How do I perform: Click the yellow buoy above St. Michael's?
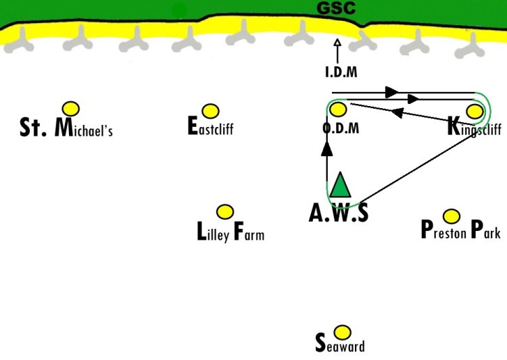coord(71,109)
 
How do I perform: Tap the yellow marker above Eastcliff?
coord(210,111)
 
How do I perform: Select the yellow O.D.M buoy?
coord(338,109)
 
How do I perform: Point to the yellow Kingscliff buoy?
coord(475,111)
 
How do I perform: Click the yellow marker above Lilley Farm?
coord(225,212)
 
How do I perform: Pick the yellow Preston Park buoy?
coord(452,216)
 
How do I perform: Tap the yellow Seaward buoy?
coord(342,332)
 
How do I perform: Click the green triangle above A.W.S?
coord(340,185)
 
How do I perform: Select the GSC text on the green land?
coord(336,8)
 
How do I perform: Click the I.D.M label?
coord(341,72)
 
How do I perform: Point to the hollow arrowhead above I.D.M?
coord(337,43)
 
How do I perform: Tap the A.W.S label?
coord(339,213)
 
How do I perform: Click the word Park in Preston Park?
coord(486,230)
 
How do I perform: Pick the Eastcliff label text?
coord(210,126)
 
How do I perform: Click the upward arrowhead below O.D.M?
coord(327,149)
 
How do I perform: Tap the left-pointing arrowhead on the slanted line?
coord(397,113)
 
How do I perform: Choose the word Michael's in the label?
coord(83,128)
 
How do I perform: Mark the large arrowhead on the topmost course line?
coord(391,92)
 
